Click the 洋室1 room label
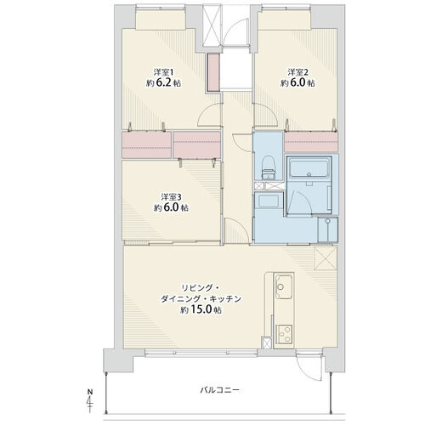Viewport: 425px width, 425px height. click(x=163, y=71)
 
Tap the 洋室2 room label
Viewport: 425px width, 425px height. click(x=298, y=71)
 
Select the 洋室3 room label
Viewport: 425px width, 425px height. click(x=171, y=196)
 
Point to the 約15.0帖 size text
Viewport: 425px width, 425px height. click(x=201, y=309)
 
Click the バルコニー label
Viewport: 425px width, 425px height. click(x=220, y=390)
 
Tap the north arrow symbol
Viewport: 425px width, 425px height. click(x=90, y=402)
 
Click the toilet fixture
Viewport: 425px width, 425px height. click(x=268, y=168)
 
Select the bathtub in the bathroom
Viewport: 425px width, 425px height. click(x=309, y=167)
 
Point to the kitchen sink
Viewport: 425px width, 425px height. click(x=284, y=286)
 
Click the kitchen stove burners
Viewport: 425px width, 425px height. click(x=284, y=334)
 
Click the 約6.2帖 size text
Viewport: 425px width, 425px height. click(x=163, y=83)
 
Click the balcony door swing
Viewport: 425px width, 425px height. click(x=309, y=367)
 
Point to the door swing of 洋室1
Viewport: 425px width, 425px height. click(x=209, y=115)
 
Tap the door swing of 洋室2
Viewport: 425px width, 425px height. click(x=266, y=115)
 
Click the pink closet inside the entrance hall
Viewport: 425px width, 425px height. click(x=213, y=72)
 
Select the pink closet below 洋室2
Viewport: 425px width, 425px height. click(x=311, y=141)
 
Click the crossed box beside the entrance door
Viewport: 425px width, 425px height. click(x=212, y=25)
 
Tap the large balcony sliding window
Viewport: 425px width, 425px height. click(x=201, y=353)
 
